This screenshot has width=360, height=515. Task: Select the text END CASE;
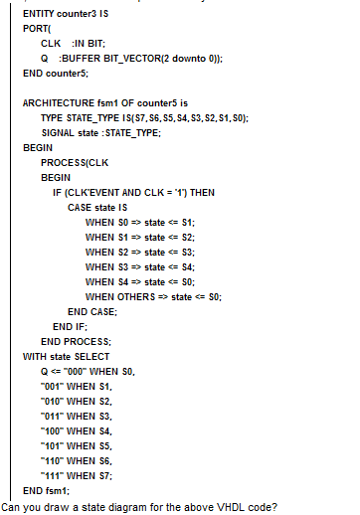(x=92, y=311)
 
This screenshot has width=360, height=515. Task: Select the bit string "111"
(x=52, y=475)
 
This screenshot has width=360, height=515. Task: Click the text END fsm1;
(x=44, y=490)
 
